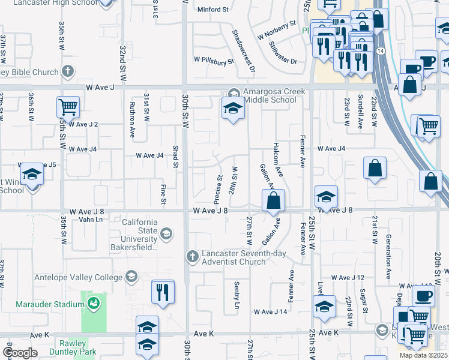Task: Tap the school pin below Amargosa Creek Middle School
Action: pos(233,109)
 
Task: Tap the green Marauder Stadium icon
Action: pos(93,304)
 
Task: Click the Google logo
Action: pos(20,352)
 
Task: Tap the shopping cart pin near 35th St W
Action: pos(68,107)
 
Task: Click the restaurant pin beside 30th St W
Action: pos(163,292)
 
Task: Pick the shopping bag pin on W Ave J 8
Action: pos(273,200)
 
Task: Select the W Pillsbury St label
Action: pos(213,61)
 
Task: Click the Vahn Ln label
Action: pos(91,220)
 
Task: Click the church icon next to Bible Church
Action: pos(68,71)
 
